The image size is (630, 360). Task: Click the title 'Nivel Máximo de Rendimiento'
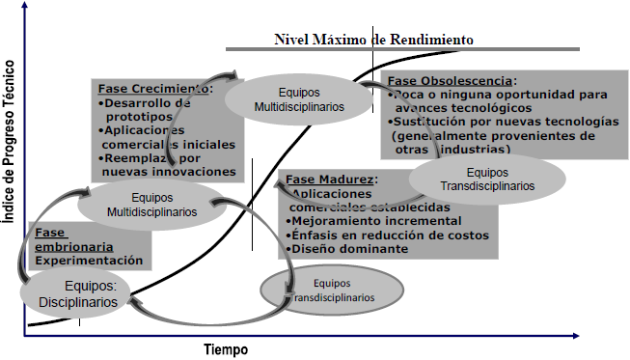point(373,40)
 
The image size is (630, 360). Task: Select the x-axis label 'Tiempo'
point(226,348)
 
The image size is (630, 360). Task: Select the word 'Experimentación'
point(91,261)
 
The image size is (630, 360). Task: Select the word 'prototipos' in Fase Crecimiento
point(140,117)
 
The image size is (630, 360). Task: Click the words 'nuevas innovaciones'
point(168,171)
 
